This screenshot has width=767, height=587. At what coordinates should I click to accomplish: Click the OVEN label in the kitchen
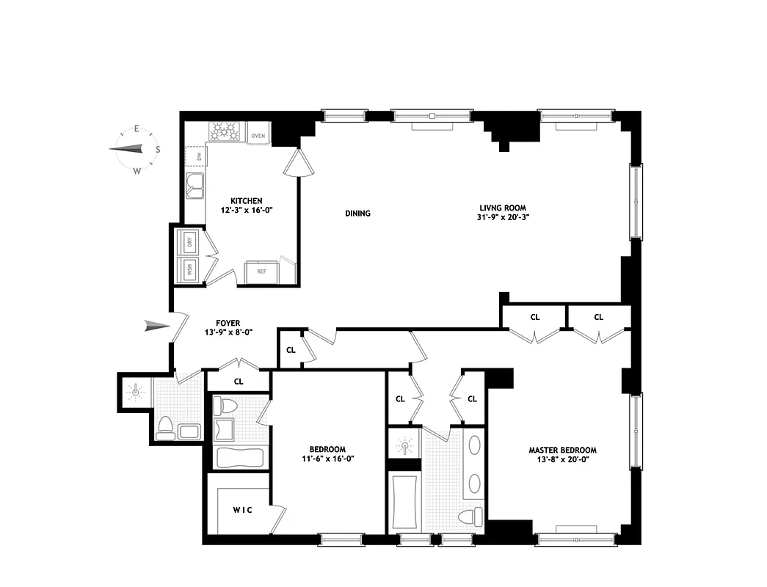258,136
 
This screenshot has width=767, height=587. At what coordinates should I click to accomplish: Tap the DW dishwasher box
197,156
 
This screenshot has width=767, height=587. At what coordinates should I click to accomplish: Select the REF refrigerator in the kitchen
261,271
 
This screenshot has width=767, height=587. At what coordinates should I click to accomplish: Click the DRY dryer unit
188,241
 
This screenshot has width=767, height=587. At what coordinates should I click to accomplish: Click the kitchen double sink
195,185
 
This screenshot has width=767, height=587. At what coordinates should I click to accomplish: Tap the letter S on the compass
157,149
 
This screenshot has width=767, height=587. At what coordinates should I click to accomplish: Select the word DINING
357,214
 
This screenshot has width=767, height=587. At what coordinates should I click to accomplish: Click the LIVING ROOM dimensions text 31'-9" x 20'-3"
503,217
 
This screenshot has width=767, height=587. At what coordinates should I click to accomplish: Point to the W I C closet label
243,511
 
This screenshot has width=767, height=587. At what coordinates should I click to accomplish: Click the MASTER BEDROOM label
562,451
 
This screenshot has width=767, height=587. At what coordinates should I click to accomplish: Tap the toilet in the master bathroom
468,517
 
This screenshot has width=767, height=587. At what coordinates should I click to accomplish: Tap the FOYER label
228,323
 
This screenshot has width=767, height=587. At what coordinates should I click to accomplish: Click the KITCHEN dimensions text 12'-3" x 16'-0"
246,211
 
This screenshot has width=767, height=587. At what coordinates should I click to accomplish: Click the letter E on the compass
137,129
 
